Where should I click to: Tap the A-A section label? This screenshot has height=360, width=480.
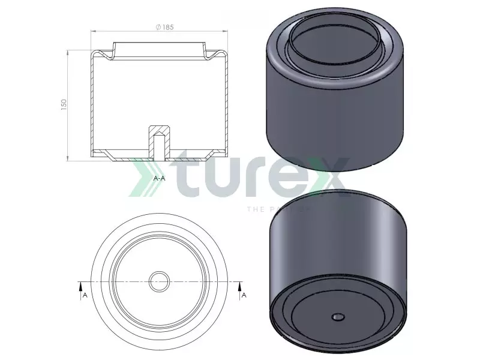click(x=160, y=179)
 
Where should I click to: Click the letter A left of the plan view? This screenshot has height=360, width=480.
click(x=85, y=295)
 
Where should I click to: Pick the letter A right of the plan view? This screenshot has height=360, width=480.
click(x=244, y=295)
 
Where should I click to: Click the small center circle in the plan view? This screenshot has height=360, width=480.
click(x=160, y=281)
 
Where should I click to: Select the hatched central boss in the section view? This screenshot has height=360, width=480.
click(x=160, y=130)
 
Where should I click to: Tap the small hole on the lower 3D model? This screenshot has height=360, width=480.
click(x=337, y=316)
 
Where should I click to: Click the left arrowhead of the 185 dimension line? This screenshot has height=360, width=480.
click(x=92, y=32)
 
